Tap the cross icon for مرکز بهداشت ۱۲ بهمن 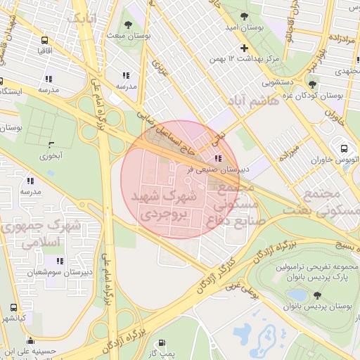244,49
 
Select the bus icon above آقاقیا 45,41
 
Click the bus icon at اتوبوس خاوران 344,148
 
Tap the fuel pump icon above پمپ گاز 162,345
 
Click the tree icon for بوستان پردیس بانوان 317,295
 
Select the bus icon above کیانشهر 13,308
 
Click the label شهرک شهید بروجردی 162,204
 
